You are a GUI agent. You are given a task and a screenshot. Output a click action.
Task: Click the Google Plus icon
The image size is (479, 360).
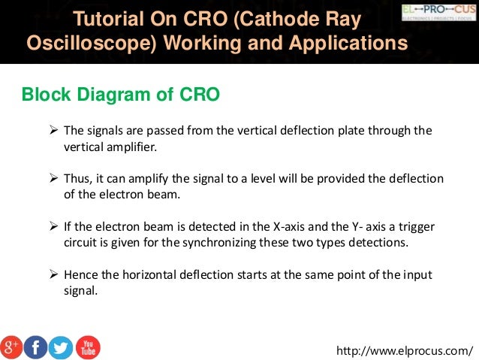click(x=12, y=346)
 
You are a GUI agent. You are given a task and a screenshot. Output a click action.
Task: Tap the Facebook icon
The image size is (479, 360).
click(x=36, y=346)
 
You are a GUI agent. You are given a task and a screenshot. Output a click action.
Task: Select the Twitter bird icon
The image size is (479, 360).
click(x=61, y=346)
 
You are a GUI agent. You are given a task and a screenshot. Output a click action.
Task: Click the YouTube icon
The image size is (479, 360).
click(x=87, y=346)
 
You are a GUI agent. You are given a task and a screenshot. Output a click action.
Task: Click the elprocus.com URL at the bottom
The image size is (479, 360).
click(x=406, y=350)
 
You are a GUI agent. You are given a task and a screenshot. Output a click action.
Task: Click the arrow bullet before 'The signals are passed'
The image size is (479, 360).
click(x=54, y=130)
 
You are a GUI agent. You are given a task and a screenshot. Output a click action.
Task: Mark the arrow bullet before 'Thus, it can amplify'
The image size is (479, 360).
click(x=54, y=178)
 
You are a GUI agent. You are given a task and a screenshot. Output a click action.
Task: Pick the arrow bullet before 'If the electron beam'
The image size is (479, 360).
click(x=54, y=226)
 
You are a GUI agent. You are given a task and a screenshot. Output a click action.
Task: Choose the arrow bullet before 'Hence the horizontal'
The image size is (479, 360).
click(x=54, y=274)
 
